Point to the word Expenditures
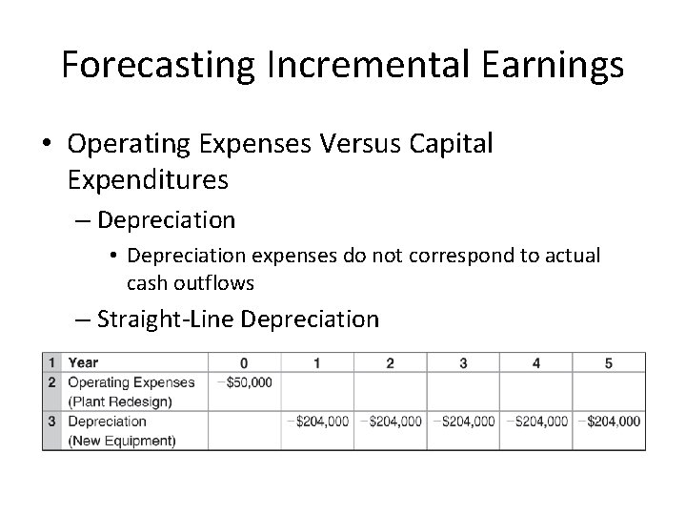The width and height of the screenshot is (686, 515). [x=148, y=178]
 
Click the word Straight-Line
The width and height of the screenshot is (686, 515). [x=166, y=319]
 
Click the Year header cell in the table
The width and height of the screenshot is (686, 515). [x=83, y=362]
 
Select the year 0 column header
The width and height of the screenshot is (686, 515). [x=244, y=362]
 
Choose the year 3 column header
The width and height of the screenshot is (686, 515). [x=463, y=362]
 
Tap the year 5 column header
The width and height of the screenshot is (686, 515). [x=609, y=362]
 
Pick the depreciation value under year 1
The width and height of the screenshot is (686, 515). [x=317, y=421]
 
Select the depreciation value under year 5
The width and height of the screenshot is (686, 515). [x=609, y=421]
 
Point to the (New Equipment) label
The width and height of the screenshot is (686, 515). [x=121, y=440]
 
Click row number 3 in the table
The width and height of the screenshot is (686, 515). [x=53, y=421]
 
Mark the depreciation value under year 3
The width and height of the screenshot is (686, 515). [x=463, y=421]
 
